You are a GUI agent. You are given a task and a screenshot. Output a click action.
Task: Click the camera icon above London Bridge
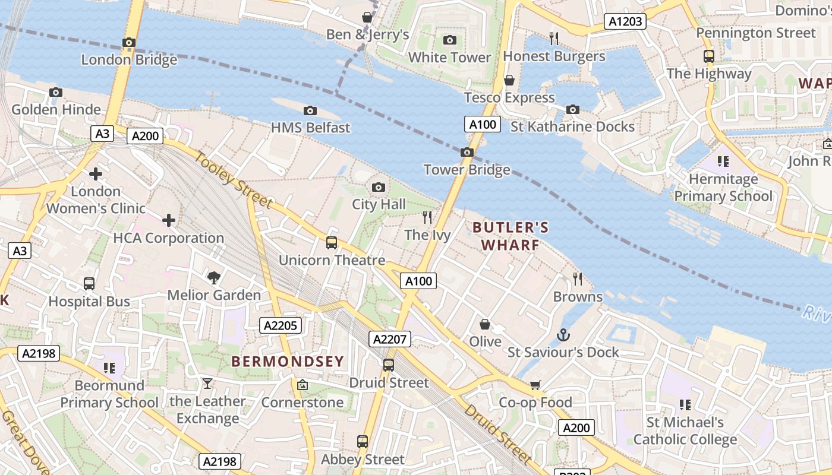[129, 42]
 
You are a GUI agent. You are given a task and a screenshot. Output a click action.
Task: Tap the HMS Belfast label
[310, 127]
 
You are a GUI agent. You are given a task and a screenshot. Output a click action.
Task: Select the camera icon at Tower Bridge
[467, 152]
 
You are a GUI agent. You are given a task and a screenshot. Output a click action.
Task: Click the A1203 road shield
[626, 21]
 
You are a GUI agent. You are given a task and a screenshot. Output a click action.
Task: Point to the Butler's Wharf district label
[510, 236]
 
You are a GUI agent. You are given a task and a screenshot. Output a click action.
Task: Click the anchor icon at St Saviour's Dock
[563, 335]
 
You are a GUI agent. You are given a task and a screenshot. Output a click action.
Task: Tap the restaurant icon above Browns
[577, 278]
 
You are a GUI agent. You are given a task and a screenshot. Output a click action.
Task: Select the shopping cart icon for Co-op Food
[535, 385]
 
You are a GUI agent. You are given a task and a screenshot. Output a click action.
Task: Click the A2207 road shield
[390, 339]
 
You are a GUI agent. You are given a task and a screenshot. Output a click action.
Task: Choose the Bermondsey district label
[288, 361]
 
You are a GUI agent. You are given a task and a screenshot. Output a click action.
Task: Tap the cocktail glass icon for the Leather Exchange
[207, 384]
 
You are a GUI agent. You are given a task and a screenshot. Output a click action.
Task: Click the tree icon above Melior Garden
[213, 277]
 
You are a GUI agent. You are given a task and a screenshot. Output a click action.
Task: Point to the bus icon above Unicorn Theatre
[332, 242]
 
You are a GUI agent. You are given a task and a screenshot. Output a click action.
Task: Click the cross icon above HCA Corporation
[169, 220]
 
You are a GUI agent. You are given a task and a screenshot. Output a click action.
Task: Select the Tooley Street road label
[234, 180]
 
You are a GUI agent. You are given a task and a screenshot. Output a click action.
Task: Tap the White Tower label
[449, 58]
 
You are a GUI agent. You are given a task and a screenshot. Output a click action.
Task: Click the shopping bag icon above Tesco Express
[509, 80]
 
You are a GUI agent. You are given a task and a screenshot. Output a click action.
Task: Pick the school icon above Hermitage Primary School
[723, 161]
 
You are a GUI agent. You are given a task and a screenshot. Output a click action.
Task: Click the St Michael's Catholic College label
[685, 431]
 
